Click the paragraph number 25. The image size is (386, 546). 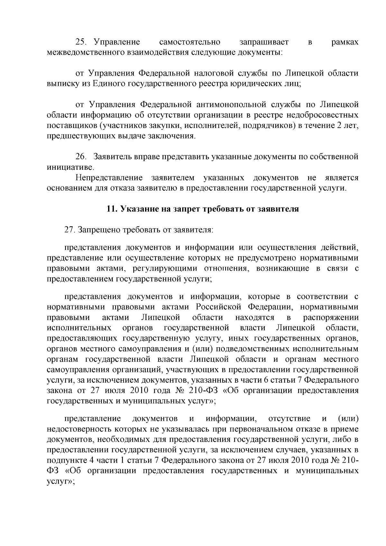click(x=80, y=42)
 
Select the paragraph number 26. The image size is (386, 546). click(x=80, y=157)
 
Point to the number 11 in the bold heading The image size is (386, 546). click(x=111, y=209)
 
